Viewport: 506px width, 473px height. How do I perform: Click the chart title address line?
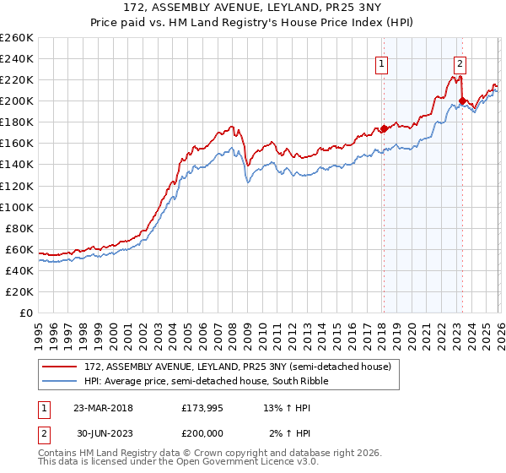(x=253, y=8)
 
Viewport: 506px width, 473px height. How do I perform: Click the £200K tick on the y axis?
(x=17, y=101)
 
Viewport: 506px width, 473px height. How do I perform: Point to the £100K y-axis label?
(x=17, y=207)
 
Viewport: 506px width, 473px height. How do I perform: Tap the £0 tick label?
(x=25, y=313)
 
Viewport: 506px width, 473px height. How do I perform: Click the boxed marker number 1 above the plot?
(x=382, y=62)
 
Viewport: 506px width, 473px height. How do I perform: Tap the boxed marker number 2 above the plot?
(x=460, y=62)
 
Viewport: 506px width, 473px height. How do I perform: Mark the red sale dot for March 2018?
(x=383, y=128)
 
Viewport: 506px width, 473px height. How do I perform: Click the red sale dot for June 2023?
(x=462, y=101)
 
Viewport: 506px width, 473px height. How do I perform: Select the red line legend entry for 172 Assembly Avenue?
(x=237, y=367)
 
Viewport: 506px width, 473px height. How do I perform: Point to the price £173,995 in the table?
(x=201, y=407)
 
